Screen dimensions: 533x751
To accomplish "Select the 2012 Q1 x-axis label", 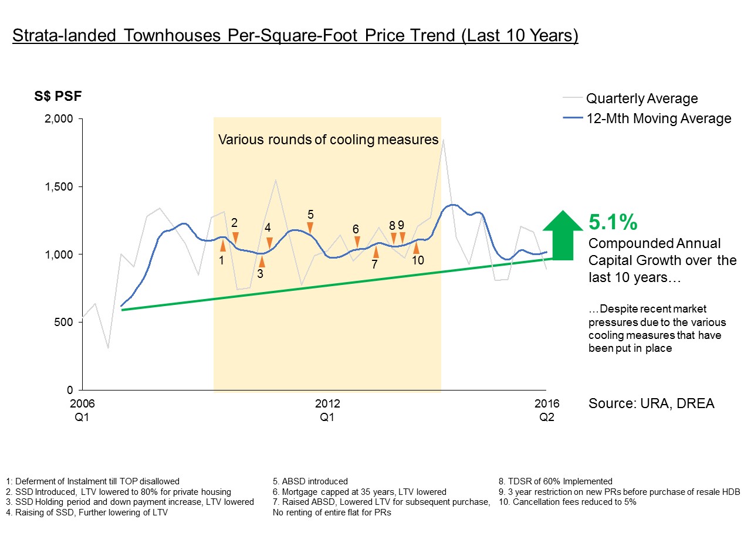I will (x=327, y=410).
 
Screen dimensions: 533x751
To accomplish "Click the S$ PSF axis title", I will (x=57, y=96).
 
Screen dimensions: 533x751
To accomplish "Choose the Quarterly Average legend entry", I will (x=642, y=99).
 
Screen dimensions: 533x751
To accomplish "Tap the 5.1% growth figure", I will (x=613, y=222).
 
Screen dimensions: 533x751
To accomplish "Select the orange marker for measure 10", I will (x=416, y=247).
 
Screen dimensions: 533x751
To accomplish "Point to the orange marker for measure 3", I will (x=262, y=261).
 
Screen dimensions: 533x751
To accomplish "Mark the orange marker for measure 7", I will (x=376, y=252).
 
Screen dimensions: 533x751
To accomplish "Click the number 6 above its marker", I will (x=356, y=229).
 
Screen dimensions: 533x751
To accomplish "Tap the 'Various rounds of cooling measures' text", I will (x=328, y=140).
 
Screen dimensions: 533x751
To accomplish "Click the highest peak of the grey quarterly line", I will (x=444, y=140).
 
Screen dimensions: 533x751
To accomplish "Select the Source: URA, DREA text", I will (x=651, y=403).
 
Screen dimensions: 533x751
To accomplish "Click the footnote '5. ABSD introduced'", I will (x=310, y=481).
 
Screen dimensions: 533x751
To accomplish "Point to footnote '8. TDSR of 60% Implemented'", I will (x=555, y=481).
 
